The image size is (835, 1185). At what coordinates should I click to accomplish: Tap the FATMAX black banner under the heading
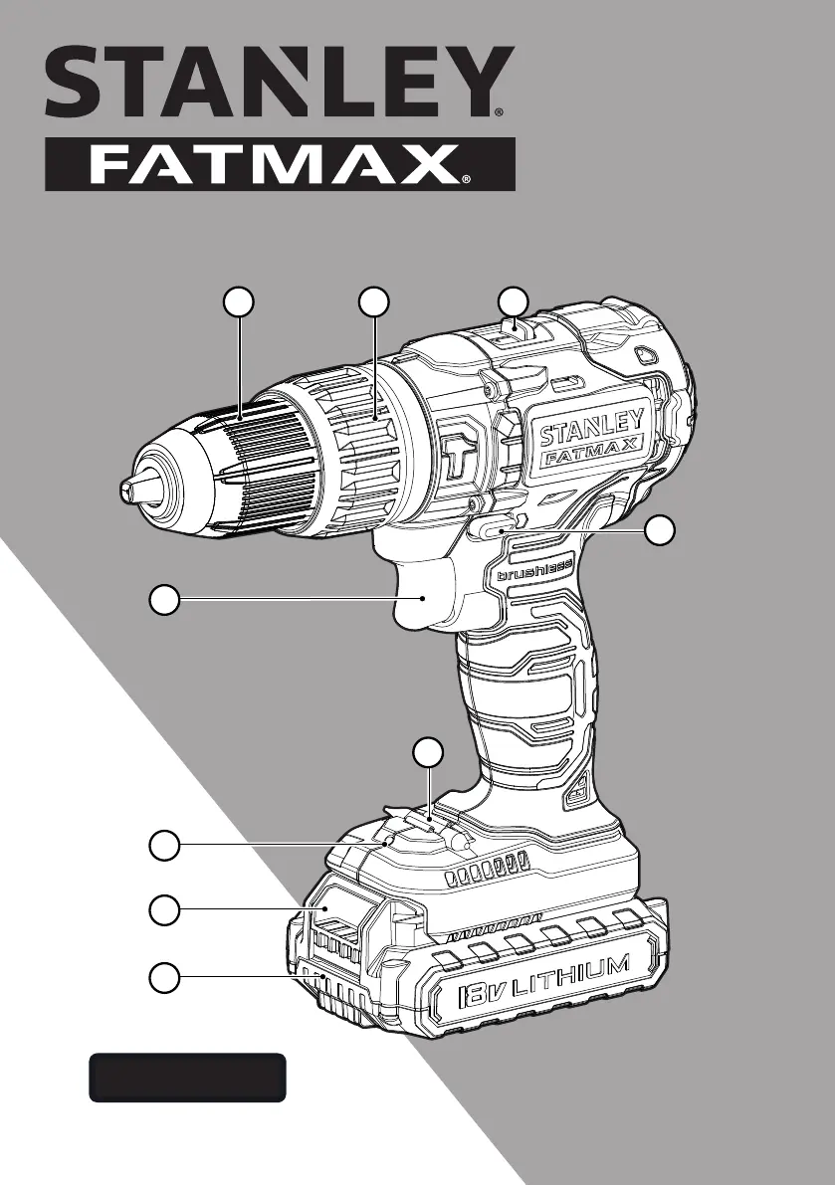point(280,164)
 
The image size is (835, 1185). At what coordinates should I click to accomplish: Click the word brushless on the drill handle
point(534,570)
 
